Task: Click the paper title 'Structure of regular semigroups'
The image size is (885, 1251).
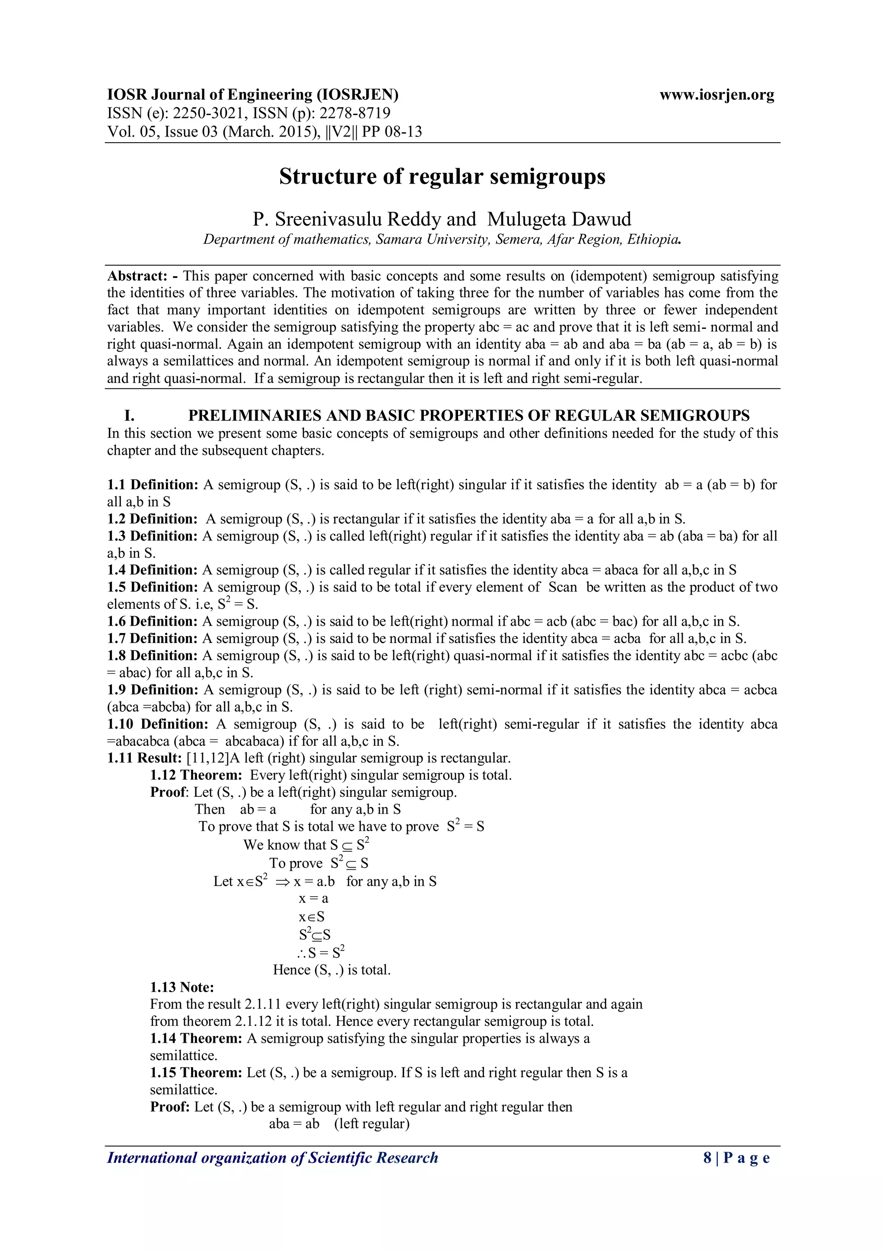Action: (442, 177)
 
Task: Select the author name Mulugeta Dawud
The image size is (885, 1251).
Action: (559, 219)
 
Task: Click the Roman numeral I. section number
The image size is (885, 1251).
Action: (129, 416)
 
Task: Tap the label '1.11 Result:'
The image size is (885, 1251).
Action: (144, 758)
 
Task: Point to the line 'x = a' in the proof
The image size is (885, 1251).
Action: (313, 898)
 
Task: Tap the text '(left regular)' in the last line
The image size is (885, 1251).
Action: (372, 1124)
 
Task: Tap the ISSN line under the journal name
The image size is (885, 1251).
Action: (249, 113)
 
